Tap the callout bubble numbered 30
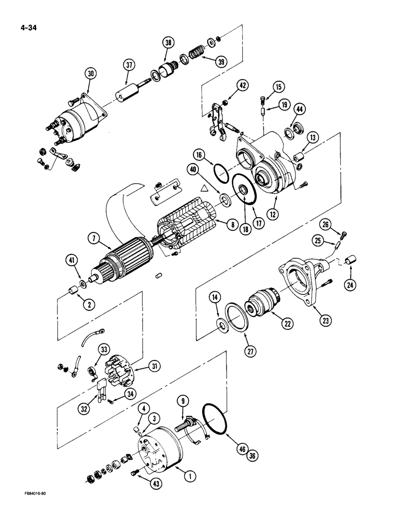(92, 75)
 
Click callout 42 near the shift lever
(243, 85)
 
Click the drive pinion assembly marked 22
(264, 305)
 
